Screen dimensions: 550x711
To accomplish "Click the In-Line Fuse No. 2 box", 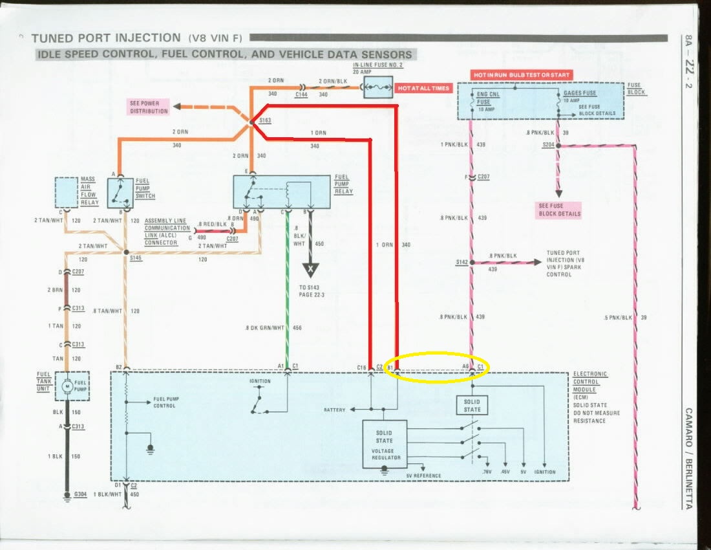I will pos(378,87).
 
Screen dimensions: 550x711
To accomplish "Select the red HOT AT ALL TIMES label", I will pos(423,88).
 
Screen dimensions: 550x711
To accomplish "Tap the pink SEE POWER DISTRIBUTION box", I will pos(148,107).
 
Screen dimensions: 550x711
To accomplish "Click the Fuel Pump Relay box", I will pos(281,192).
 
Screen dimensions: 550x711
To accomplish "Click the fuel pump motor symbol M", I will pos(67,386).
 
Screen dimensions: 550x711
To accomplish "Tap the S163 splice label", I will pos(265,120).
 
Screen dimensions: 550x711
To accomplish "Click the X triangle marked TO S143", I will pos(312,269).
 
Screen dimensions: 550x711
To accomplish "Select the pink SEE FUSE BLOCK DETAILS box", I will pos(560,210).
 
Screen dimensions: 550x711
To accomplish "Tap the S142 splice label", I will pos(462,263).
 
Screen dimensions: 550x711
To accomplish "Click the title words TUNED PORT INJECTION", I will pos(106,38).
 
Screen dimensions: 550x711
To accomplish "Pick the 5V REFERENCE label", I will pos(423,476).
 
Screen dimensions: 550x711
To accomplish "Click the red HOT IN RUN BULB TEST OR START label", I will pos(522,75).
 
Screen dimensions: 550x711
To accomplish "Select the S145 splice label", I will pos(136,258).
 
